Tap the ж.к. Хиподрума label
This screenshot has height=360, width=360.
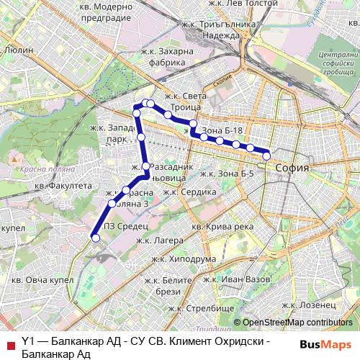point(184,259)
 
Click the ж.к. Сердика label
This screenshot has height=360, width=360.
point(189,192)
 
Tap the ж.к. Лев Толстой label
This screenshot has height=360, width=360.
point(248,4)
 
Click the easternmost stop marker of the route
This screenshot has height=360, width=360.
point(266,156)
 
